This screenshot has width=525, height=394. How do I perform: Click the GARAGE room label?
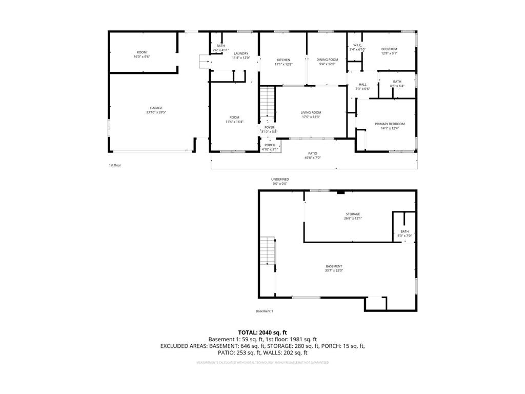(x=156, y=108)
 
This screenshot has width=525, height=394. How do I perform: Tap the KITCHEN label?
(x=283, y=60)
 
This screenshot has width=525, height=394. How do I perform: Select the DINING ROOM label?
(x=327, y=60)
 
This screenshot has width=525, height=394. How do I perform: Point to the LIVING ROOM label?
(x=311, y=112)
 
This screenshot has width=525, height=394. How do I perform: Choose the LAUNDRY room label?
(x=240, y=53)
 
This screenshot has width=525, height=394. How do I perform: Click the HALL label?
(x=362, y=84)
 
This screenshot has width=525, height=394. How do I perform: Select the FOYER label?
(x=269, y=127)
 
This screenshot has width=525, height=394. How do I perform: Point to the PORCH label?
(x=270, y=145)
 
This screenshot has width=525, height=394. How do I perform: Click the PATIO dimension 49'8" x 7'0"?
(x=313, y=158)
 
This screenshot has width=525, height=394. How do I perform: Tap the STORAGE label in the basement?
(x=352, y=214)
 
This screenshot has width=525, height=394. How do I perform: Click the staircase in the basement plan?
(x=268, y=251)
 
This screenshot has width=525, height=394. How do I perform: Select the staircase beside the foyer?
(x=267, y=102)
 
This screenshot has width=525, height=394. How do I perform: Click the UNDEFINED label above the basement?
(x=280, y=179)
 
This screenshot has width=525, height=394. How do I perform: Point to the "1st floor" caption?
(x=115, y=165)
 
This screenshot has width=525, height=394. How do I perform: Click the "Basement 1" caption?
(x=265, y=311)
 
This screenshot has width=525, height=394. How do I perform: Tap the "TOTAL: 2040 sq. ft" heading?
(x=262, y=332)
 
